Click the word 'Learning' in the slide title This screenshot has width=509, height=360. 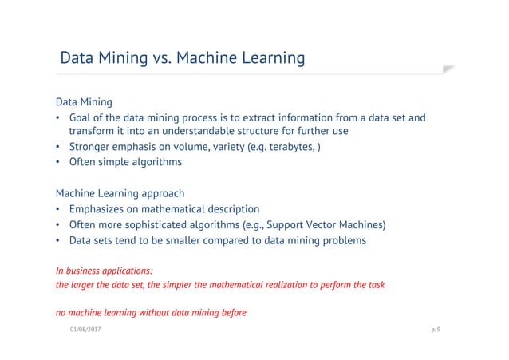270,58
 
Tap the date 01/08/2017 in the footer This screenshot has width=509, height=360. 85,327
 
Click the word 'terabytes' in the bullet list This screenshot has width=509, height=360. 288,147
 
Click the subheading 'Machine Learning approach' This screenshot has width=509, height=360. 120,193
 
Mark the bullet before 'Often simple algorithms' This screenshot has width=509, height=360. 58,162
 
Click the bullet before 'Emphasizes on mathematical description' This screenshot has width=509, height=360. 58,209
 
